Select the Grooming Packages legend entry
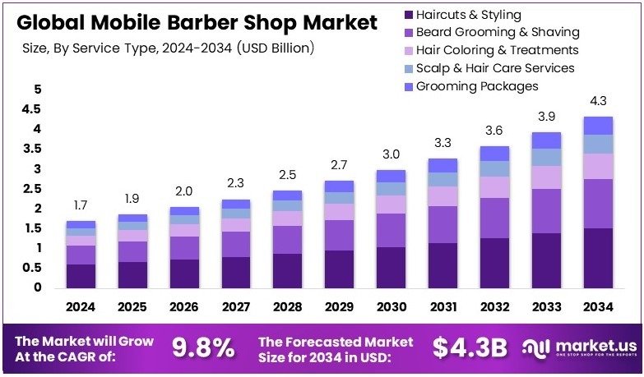[477, 85]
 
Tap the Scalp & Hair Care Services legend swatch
[407, 68]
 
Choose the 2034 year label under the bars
[597, 306]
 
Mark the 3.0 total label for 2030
[390, 155]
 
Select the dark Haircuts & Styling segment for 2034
[597, 258]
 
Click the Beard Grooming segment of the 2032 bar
[493, 218]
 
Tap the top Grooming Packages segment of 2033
[545, 140]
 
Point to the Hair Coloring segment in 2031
[442, 195]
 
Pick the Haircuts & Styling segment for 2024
[81, 275]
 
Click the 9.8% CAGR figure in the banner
[202, 349]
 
